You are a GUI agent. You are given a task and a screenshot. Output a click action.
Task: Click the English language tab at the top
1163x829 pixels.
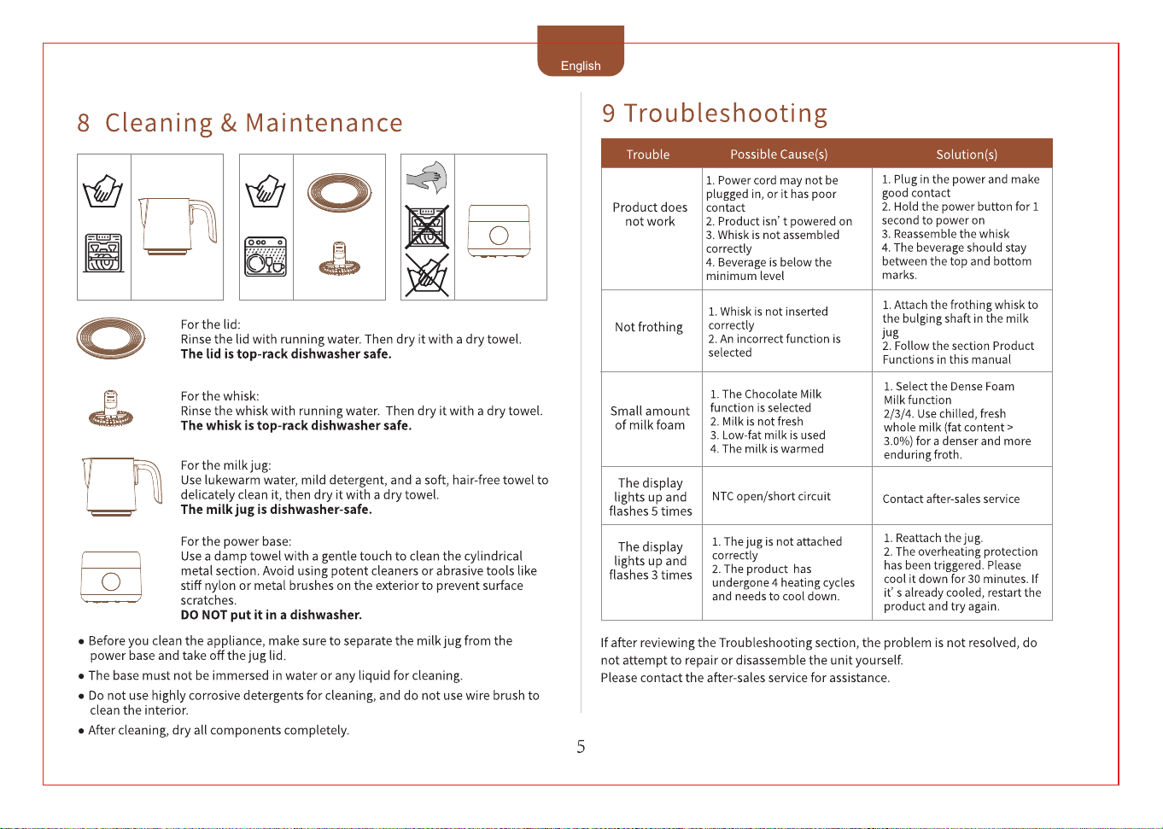(581, 51)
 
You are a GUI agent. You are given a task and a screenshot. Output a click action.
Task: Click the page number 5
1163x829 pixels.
(581, 746)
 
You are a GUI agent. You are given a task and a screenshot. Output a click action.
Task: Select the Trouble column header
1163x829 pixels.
(647, 155)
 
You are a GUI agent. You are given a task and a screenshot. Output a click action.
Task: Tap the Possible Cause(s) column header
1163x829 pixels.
(779, 155)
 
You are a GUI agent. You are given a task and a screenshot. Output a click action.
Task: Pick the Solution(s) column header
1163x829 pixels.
(967, 155)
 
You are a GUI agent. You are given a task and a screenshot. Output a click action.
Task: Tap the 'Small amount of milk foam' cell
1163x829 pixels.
(650, 417)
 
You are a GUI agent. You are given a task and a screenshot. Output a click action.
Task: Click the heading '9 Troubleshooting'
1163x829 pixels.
(715, 114)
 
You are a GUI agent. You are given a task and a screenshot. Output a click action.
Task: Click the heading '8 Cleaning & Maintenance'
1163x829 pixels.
(239, 123)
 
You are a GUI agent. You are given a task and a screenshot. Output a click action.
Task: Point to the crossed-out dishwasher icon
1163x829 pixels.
(427, 227)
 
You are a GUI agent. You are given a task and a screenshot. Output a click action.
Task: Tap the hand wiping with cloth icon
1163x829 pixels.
(427, 177)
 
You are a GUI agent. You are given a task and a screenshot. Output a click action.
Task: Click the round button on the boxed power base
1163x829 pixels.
(499, 236)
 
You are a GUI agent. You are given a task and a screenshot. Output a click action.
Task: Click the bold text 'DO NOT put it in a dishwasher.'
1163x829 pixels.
(271, 615)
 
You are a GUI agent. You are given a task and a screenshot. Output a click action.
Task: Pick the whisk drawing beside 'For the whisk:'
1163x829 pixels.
(111, 409)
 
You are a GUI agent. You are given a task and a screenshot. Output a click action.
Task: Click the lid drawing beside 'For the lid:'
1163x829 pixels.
(111, 338)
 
